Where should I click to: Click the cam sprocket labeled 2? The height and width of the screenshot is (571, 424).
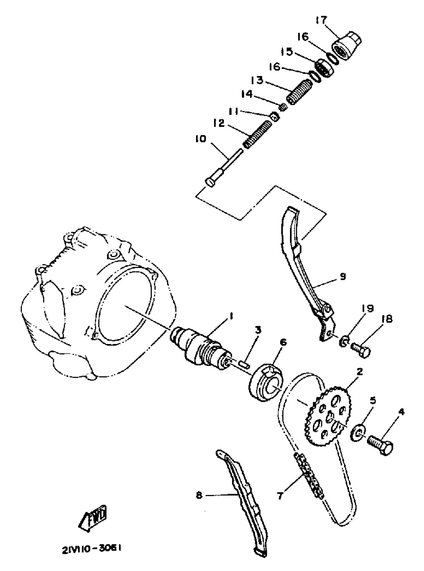tap(327, 417)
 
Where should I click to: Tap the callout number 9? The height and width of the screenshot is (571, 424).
tap(343, 276)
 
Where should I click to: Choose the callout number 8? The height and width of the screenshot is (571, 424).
tap(199, 495)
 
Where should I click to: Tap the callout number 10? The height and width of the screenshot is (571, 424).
tap(202, 139)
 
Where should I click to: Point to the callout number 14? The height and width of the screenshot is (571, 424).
tap(247, 94)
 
